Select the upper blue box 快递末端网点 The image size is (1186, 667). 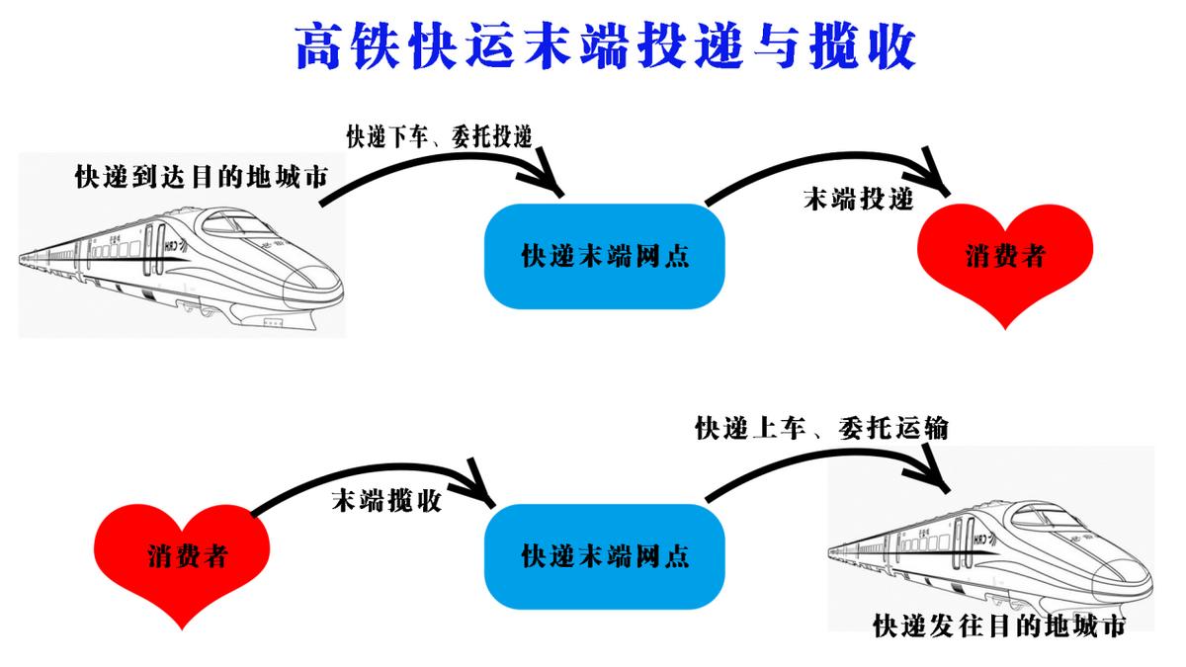605,257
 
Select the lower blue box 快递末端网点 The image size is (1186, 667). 605,554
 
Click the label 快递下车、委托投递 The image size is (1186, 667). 444,135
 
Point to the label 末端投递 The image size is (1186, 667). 857,199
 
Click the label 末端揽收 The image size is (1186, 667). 385,499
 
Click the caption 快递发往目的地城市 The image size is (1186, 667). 999,626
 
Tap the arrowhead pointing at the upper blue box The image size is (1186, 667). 546,183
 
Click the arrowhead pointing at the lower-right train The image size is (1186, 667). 939,472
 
